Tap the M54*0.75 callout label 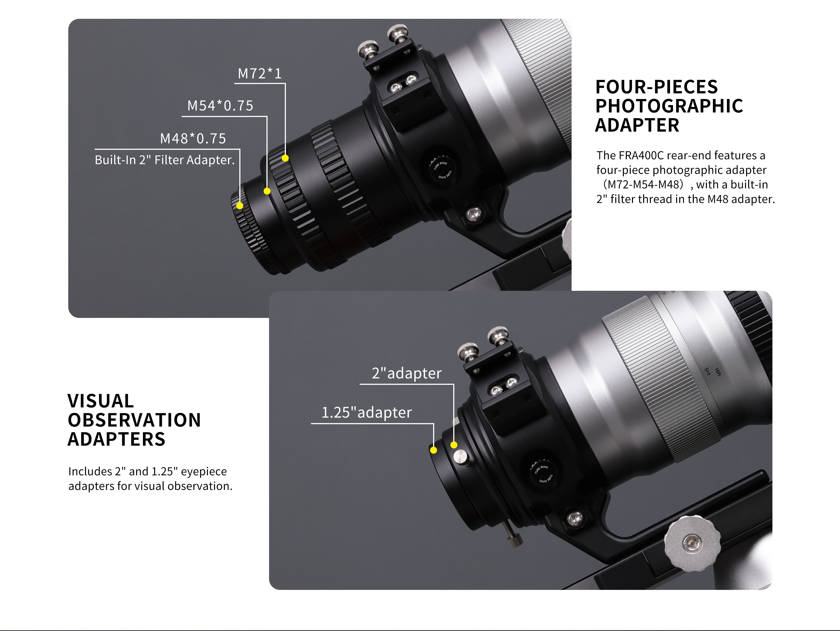pos(220,106)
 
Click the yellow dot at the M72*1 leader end pos(285,158)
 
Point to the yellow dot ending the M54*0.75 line pos(267,191)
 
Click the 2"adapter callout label pos(407,373)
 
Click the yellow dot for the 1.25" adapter pos(433,450)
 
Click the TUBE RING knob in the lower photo pos(543,473)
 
